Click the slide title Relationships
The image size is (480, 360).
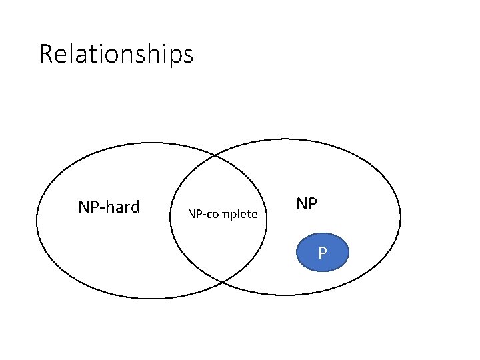116,53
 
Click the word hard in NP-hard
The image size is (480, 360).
122,207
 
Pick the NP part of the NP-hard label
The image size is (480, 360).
88,207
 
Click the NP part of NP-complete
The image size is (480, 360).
194,214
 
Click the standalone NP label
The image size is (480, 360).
306,204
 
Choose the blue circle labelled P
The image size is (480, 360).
322,253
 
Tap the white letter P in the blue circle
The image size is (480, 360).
322,253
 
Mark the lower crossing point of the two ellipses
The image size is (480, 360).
221,283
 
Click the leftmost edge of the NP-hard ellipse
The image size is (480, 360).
37,220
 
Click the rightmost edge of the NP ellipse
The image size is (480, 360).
401,216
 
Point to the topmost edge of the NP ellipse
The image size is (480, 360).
287,139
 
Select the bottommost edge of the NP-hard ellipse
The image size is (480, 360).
152,298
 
